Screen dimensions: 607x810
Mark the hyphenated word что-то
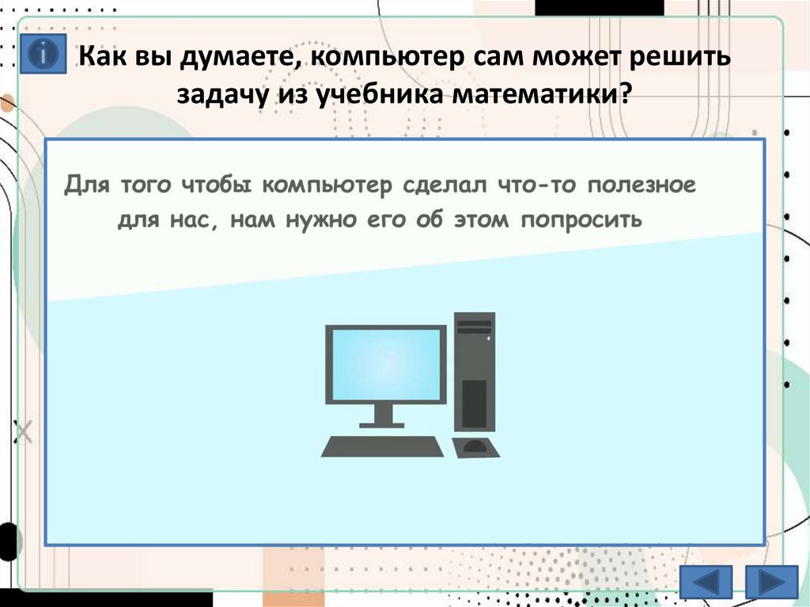pos(527,187)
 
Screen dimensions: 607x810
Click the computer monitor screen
pos(386,363)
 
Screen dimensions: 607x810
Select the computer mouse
pos(475,447)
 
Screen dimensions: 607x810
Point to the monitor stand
pos(384,416)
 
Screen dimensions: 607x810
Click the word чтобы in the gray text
pos(214,187)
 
